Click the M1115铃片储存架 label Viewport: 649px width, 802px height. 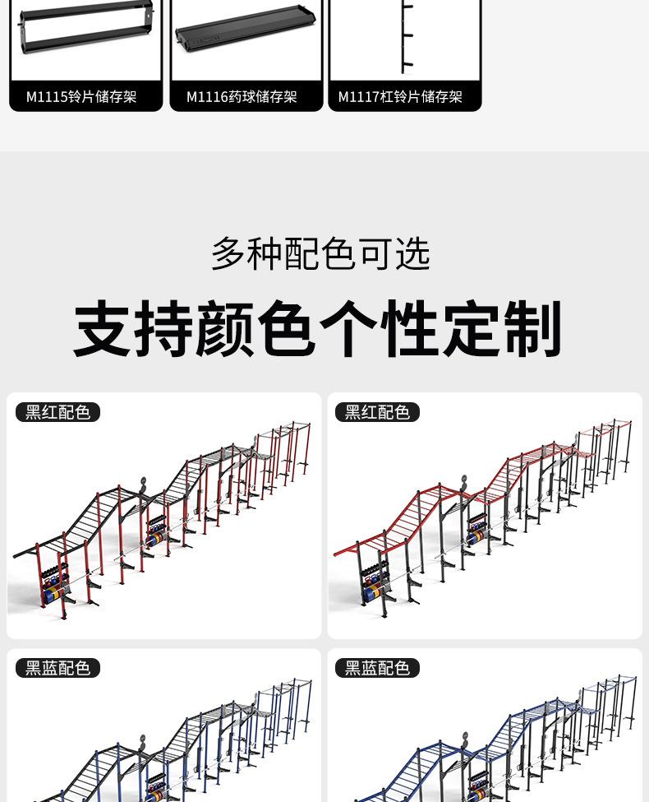click(x=81, y=97)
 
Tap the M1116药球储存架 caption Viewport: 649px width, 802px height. click(x=242, y=97)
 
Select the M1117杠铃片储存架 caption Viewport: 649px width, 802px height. click(x=400, y=97)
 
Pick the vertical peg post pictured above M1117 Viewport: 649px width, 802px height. click(x=405, y=37)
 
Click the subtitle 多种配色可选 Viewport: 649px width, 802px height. click(x=320, y=254)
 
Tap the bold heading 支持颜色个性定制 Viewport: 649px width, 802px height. click(x=319, y=329)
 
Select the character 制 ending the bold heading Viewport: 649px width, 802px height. click(x=534, y=329)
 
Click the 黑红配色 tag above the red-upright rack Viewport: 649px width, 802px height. click(x=58, y=412)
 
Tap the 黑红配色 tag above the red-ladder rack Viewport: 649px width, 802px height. click(x=377, y=412)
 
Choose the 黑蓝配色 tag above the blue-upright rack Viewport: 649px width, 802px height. click(x=58, y=668)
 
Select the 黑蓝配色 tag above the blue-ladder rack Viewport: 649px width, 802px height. click(x=377, y=668)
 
